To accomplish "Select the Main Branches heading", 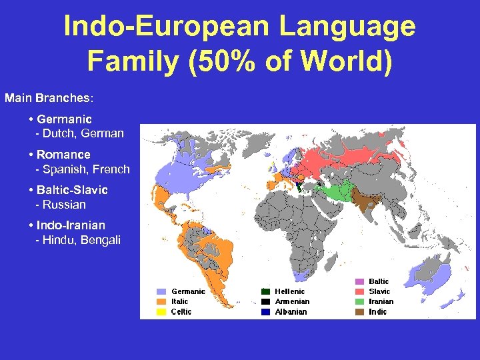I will [x=49, y=98].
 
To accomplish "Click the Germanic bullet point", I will [x=65, y=119].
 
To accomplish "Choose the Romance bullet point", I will [x=63, y=155].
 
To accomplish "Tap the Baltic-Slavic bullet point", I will [x=72, y=190].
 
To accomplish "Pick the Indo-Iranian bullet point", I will [x=71, y=225].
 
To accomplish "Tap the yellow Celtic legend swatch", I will [x=161, y=311].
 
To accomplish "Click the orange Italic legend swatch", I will [x=161, y=301].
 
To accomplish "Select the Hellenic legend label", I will [x=290, y=291].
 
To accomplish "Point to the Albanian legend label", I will [x=291, y=311].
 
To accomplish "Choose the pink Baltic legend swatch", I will [x=359, y=281].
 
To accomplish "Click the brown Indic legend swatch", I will [x=359, y=311].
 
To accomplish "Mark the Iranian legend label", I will [x=381, y=301].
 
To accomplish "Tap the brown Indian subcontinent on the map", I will [x=363, y=200].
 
